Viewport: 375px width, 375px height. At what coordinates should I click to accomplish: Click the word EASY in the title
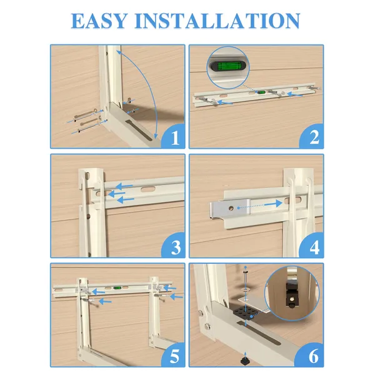(x=99, y=21)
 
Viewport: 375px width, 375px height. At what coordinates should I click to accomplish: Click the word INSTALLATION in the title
(x=217, y=21)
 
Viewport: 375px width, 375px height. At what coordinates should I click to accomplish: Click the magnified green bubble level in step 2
(x=227, y=66)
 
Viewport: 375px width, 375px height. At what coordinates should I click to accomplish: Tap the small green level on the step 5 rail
(x=117, y=288)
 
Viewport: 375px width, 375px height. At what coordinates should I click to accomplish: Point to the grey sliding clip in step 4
(x=230, y=209)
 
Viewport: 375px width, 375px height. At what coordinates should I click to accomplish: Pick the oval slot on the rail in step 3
(x=148, y=189)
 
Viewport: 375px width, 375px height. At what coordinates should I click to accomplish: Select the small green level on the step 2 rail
(x=261, y=92)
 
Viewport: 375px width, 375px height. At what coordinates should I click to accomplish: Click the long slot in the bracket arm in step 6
(x=258, y=333)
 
